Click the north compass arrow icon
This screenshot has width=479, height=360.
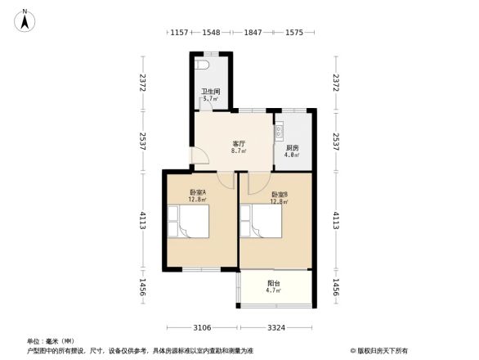click(x=26, y=18)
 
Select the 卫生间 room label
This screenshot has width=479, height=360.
click(x=210, y=92)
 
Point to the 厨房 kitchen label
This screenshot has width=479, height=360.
click(x=292, y=147)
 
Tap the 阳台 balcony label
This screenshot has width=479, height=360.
click(x=275, y=283)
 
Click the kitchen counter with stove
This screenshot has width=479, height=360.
click(x=279, y=129)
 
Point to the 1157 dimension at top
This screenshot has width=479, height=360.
click(x=180, y=32)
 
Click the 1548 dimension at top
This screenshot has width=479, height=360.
click(x=212, y=32)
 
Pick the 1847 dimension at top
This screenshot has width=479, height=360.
click(x=253, y=32)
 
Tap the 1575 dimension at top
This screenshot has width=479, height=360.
click(x=294, y=32)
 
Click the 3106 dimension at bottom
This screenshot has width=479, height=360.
click(x=203, y=327)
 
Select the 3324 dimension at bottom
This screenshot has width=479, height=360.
click(x=275, y=327)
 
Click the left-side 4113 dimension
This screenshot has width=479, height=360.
click(x=141, y=221)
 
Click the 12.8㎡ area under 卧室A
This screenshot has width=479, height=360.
click(x=197, y=199)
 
